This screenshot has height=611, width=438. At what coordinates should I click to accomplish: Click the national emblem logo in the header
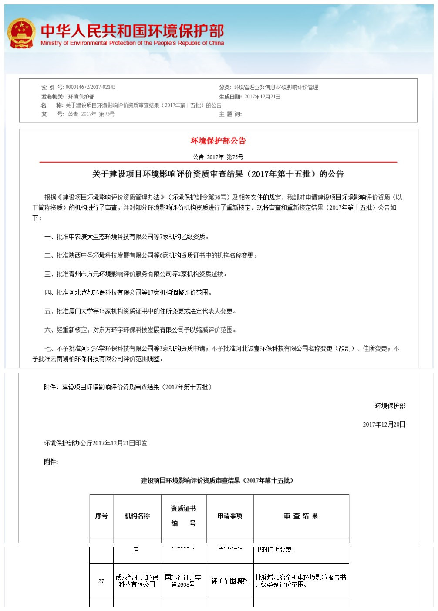[x=21, y=34]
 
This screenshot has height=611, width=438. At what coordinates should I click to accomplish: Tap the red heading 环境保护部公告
[x=218, y=141]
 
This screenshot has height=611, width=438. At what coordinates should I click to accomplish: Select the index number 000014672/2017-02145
[x=91, y=87]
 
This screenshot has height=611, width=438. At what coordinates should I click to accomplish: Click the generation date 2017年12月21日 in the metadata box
[x=262, y=97]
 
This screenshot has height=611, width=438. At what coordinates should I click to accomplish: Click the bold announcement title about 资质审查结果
[x=218, y=174]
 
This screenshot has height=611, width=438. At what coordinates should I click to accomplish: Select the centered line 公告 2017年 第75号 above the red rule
[x=218, y=157]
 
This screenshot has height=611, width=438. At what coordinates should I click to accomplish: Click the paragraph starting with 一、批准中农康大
[x=127, y=237]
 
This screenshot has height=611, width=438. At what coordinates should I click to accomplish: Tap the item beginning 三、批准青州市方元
[x=136, y=274]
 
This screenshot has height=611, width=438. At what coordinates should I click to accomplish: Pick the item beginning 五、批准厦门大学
[x=140, y=311]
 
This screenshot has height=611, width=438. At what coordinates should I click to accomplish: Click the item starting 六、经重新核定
[x=140, y=330]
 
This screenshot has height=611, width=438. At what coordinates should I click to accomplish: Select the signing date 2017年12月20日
[x=384, y=424]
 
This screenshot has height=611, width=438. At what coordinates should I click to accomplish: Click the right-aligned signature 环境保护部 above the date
[x=390, y=406]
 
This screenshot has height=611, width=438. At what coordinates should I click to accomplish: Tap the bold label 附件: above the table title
[x=51, y=462]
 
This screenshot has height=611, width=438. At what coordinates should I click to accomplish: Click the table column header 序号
[x=101, y=516]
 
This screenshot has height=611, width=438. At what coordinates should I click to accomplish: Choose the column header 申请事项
[x=230, y=516]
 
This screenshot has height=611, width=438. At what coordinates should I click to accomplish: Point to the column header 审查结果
[x=301, y=516]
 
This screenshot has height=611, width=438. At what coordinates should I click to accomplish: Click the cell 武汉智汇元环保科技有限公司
[x=137, y=581]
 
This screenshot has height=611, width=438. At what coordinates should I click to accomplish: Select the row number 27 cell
[x=101, y=581]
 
